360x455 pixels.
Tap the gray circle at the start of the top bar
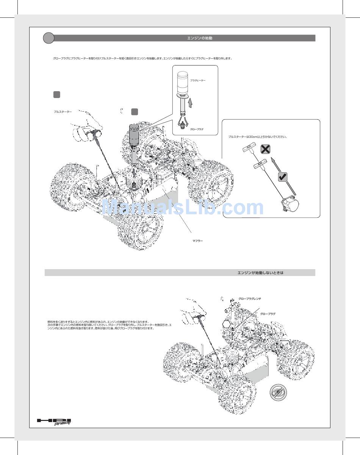(x=49, y=38)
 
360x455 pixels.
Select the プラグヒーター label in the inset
(x=198, y=80)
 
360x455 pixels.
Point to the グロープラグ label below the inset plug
(x=197, y=129)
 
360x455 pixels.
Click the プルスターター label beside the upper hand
(x=63, y=112)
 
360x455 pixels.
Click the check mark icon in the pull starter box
(x=283, y=176)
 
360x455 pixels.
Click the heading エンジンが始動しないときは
(x=260, y=273)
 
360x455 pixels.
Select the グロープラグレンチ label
(x=250, y=299)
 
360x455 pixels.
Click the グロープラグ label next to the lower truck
(x=268, y=314)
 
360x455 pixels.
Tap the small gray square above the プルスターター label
(x=56, y=95)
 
